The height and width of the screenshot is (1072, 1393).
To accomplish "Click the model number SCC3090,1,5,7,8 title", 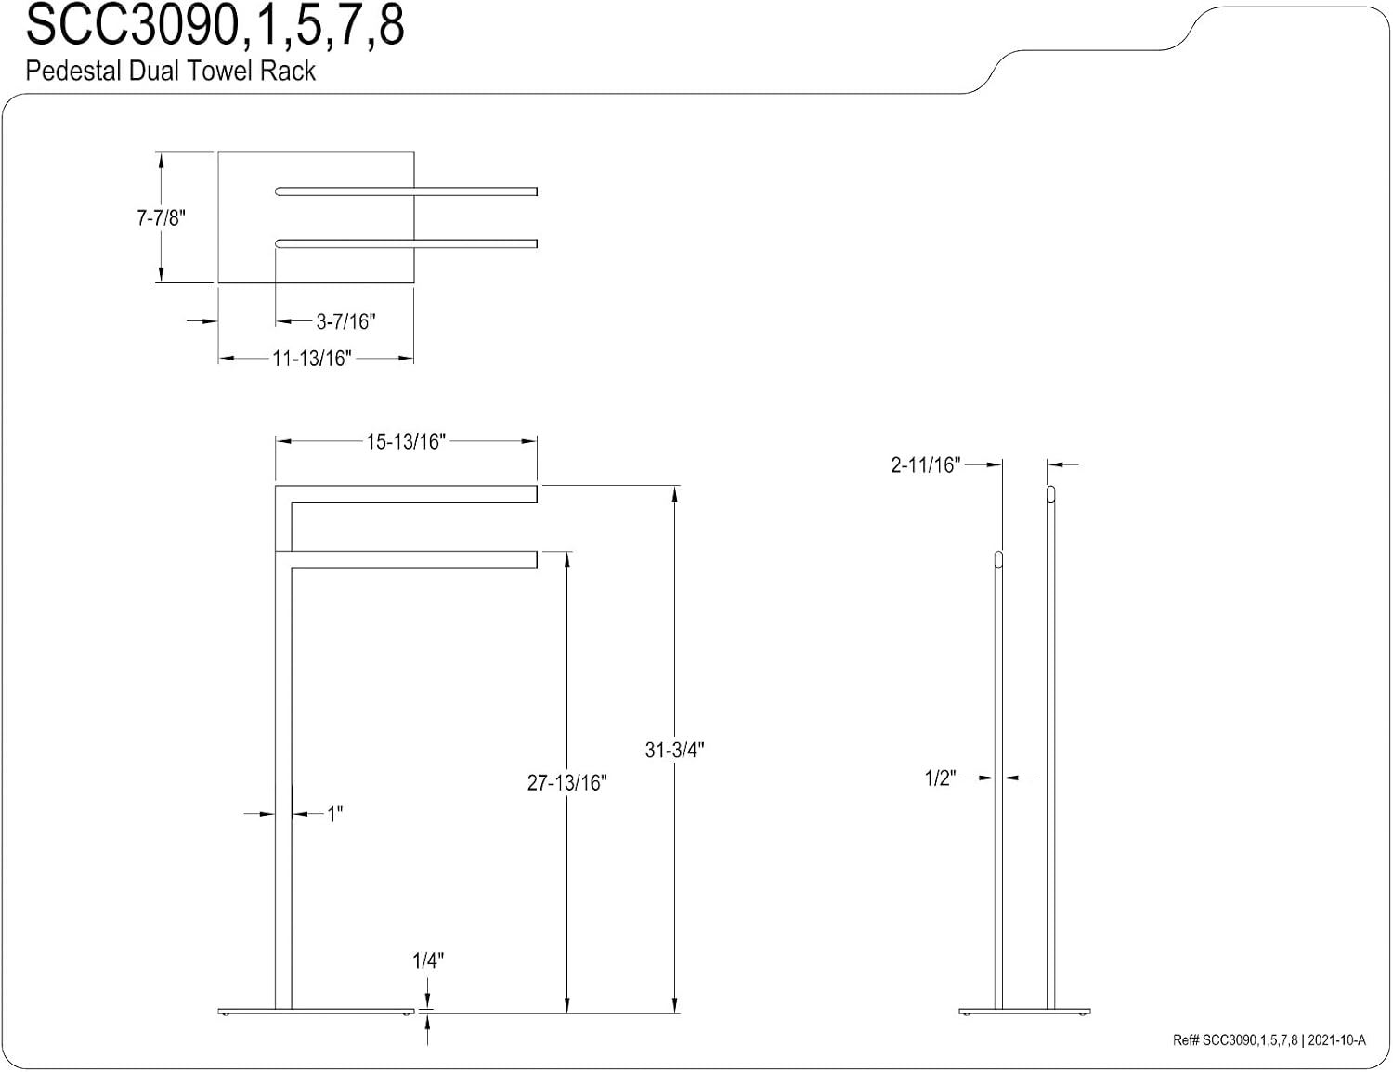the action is click(x=215, y=26).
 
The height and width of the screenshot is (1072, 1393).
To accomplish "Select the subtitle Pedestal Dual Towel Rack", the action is click(x=171, y=71).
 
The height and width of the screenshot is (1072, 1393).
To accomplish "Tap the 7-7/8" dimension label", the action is click(x=161, y=218).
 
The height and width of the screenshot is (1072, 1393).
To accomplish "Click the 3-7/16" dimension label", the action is click(x=345, y=321).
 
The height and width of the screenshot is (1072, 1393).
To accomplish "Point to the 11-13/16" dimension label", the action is click(x=312, y=359).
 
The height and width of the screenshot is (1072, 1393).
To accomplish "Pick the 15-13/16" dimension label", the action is click(x=406, y=442).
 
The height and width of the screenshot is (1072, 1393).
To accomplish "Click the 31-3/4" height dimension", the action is click(x=674, y=750).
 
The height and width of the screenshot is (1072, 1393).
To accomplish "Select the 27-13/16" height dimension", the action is click(x=566, y=782).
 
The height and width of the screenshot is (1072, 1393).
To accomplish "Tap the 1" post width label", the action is click(x=335, y=815).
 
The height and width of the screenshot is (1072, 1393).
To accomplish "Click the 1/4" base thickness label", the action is click(x=428, y=961).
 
